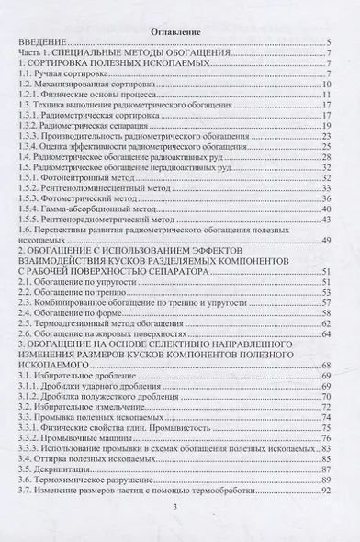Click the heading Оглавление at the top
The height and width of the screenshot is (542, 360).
pos(180,27)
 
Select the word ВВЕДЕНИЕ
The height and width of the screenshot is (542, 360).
pos(41,43)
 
